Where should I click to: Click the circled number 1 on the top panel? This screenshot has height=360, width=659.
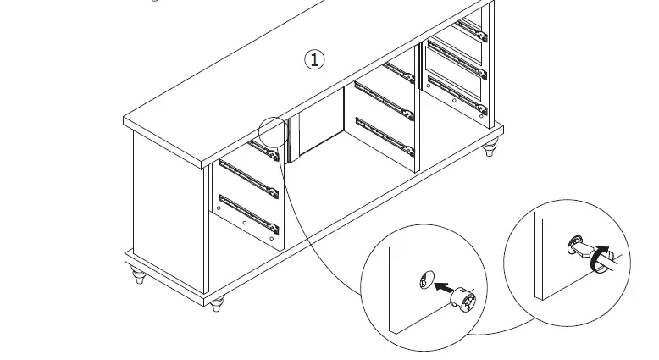pos(314,59)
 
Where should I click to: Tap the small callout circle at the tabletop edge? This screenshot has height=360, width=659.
pos(272,132)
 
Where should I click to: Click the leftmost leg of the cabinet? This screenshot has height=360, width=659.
pos(139,276)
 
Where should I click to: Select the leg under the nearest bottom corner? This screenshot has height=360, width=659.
pos(218,304)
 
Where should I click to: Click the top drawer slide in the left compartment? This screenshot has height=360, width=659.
pos(265,151)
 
